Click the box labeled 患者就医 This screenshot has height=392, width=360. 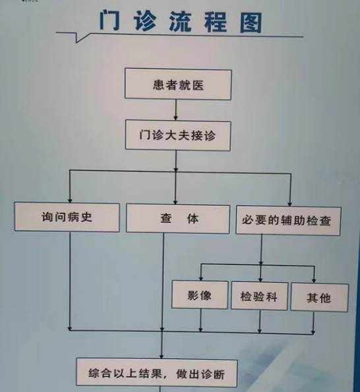click(178, 84)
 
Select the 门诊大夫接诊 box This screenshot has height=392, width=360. click(178, 136)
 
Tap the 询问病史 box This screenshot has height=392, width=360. click(67, 217)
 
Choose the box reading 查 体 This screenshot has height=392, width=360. click(178, 219)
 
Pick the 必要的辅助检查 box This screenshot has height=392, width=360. click(288, 221)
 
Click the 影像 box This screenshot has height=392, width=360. click(200, 294)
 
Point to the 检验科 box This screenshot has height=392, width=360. click(259, 296)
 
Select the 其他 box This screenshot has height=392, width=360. click(320, 298)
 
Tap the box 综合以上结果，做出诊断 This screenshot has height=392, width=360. click(157, 374)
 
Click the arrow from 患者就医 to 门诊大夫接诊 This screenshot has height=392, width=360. click(176, 110)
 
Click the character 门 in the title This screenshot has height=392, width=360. click(110, 20)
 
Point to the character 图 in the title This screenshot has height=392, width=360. click(251, 23)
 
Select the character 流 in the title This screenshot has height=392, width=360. click(181, 22)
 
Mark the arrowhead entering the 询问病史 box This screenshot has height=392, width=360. click(70, 200)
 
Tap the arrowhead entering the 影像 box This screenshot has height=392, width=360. click(201, 278)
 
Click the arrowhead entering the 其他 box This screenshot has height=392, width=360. click(315, 281)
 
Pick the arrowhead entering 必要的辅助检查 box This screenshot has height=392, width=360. click(290, 204)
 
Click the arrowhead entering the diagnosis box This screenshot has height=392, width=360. click(162, 356)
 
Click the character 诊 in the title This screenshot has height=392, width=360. click(145, 21)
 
